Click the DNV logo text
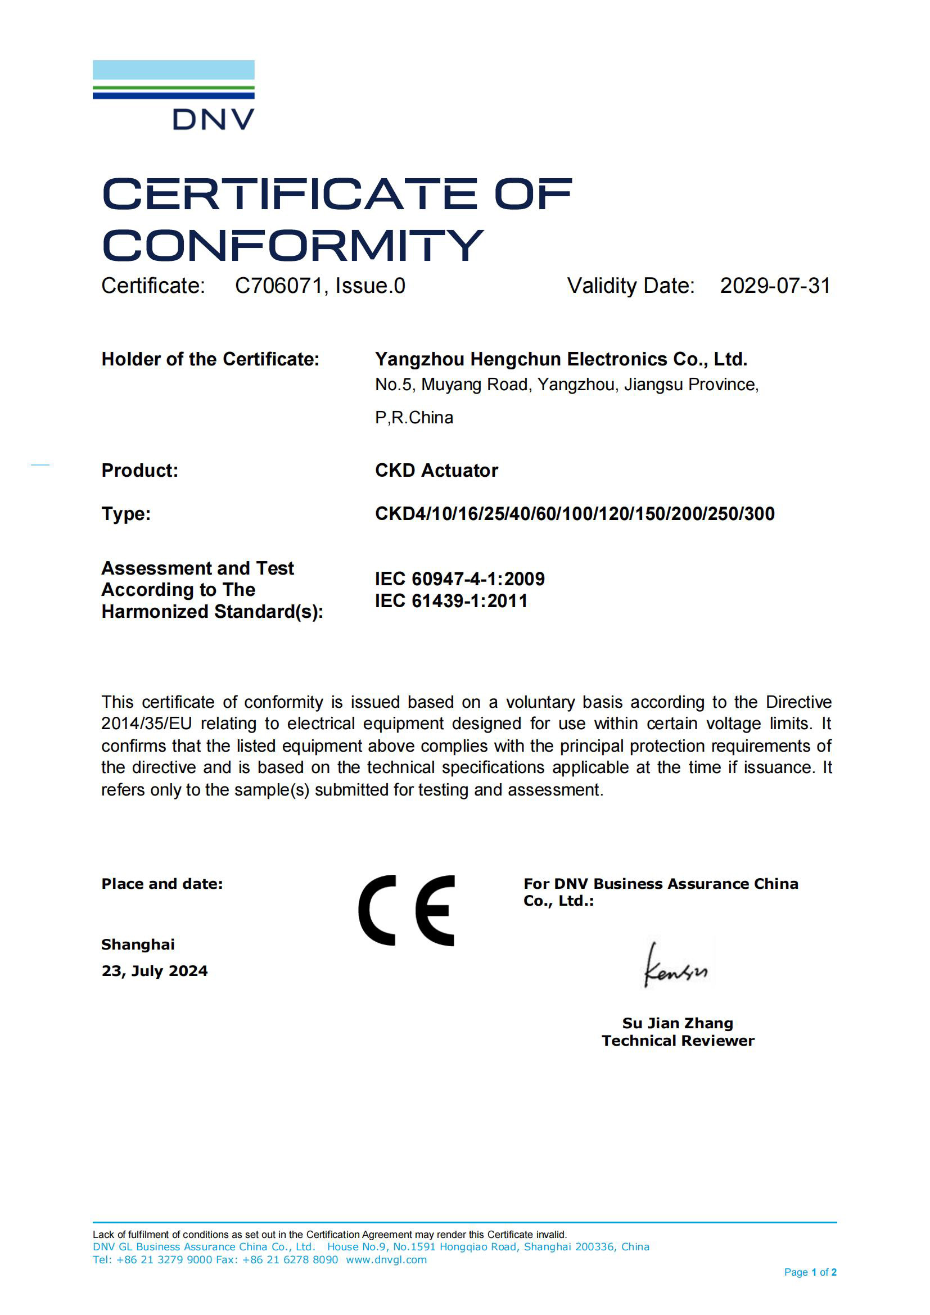pos(213,119)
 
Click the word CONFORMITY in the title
pos(292,245)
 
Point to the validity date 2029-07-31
pos(774,286)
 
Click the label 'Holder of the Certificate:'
pos(210,359)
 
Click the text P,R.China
pos(413,418)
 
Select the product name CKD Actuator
pos(436,470)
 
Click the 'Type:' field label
pos(126,514)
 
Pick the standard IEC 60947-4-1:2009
pos(459,579)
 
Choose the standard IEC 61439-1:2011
pos(451,601)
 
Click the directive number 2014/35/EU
pos(146,724)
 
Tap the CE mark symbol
pos(407,911)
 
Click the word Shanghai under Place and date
pos(138,945)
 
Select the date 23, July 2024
pos(155,971)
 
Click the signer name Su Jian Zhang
pos(678,1023)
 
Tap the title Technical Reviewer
pos(678,1041)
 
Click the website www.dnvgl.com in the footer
pos(386,1259)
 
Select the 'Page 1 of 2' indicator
pos(810,1272)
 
